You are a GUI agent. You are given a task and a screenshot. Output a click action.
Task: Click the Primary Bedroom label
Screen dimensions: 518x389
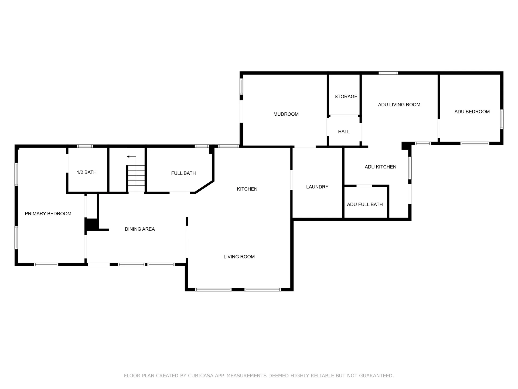tap(48, 214)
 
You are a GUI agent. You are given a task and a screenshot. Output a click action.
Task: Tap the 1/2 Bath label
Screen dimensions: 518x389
tap(87, 172)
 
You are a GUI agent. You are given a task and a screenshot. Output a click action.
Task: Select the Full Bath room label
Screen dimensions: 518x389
tap(183, 173)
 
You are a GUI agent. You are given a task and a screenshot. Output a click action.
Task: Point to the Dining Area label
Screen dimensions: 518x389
tap(140, 229)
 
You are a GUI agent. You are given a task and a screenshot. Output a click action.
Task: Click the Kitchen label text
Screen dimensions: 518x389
tap(247, 189)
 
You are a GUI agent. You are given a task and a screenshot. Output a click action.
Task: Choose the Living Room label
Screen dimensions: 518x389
tap(239, 257)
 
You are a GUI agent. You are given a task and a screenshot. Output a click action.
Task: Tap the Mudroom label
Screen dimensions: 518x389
tap(286, 114)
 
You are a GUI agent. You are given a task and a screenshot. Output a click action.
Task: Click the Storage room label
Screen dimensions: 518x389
tap(346, 96)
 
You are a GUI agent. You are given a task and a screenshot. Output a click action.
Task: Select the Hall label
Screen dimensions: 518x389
tap(344, 132)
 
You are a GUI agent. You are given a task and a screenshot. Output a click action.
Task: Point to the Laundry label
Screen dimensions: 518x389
tap(317, 187)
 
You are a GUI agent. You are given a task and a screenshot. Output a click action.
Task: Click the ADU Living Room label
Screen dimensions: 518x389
tap(399, 105)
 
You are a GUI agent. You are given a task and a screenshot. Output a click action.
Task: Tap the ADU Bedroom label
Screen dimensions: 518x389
tap(472, 112)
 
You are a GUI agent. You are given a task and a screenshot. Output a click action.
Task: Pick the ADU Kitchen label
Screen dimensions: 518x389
tap(380, 167)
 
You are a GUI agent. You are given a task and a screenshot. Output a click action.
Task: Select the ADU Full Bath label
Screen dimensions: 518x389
tap(365, 204)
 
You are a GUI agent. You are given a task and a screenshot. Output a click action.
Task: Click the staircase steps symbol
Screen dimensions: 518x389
tap(136, 175)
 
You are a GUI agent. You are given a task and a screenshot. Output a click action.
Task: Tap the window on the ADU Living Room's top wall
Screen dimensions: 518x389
tap(388, 73)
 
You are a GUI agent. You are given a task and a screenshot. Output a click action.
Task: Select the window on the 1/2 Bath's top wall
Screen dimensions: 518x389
tap(85, 146)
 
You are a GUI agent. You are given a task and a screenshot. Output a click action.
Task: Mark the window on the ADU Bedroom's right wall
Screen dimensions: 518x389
tap(502, 119)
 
